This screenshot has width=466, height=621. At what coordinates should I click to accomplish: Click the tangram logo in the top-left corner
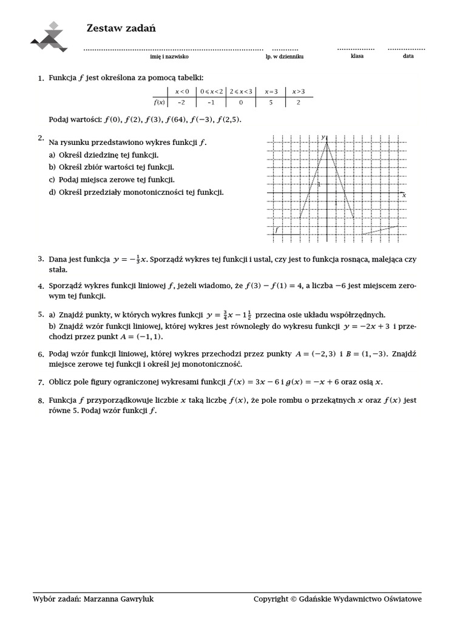[50, 37]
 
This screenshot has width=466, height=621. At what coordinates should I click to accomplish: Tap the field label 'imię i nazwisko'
[169, 56]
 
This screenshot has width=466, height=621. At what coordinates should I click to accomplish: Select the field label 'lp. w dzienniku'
[285, 56]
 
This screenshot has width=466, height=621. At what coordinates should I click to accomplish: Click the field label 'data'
[408, 56]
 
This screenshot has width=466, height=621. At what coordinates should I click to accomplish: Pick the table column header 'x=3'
[271, 92]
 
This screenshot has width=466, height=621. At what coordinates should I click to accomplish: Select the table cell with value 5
[271, 102]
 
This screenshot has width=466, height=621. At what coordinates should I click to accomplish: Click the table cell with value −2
[181, 102]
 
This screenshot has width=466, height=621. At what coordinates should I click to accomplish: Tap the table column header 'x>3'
[299, 92]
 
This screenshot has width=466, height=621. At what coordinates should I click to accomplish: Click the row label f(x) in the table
[160, 102]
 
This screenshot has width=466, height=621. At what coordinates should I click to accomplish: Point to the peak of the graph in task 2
[327, 141]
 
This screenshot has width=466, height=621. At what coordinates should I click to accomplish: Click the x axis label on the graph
[404, 196]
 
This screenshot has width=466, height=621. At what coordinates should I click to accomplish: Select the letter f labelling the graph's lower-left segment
[277, 230]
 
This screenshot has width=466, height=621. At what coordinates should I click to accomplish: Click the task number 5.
[40, 315]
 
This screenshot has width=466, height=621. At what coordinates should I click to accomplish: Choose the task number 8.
[40, 401]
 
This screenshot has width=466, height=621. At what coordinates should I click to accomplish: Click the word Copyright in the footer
[271, 599]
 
